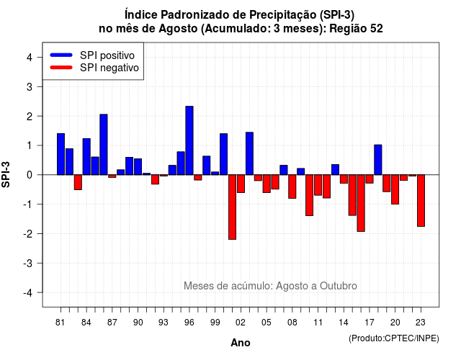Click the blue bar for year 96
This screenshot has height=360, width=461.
click(x=189, y=140)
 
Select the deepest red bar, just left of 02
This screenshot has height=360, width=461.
click(x=232, y=207)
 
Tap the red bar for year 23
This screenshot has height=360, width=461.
click(x=421, y=200)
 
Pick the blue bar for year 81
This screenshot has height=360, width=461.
click(x=61, y=154)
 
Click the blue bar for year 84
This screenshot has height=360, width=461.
click(x=86, y=157)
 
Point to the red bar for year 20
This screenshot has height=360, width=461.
click(x=395, y=189)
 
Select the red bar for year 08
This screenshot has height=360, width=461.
click(x=292, y=186)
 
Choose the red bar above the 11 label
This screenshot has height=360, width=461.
click(x=318, y=185)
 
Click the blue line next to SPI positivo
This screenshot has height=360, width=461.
click(x=61, y=55)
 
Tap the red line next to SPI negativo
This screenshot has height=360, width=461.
click(x=61, y=68)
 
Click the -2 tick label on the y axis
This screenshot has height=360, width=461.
click(x=28, y=233)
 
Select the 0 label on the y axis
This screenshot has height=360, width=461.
click(x=30, y=175)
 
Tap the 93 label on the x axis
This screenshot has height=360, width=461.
click(x=164, y=323)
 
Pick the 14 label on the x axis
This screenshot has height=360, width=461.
click(x=344, y=323)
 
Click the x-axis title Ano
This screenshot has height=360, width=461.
click(x=241, y=343)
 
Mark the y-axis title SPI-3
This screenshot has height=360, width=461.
click(x=6, y=174)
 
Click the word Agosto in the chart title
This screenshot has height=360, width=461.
click(x=178, y=29)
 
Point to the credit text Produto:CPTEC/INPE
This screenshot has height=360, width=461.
click(x=394, y=338)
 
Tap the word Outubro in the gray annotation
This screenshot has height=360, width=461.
click(x=339, y=286)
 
